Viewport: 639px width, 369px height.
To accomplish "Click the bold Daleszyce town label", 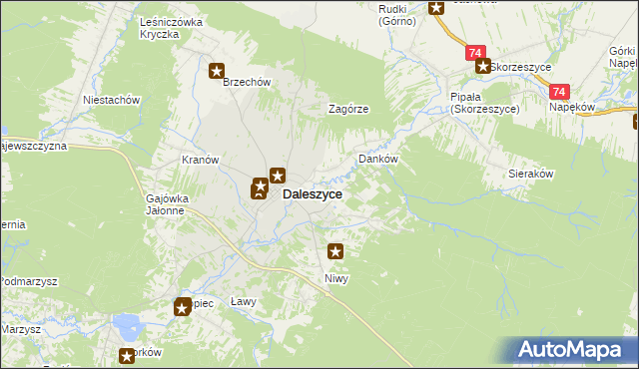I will tap(313, 195).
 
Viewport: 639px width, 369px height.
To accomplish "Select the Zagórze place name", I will tap(350, 110).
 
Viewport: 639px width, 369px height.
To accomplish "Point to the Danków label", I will tap(378, 159).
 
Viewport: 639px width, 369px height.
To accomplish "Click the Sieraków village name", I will tap(531, 173).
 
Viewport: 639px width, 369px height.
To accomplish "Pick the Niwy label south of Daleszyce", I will tap(335, 278).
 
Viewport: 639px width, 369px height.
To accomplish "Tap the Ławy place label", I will tap(244, 301).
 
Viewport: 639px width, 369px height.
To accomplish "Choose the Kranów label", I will tap(200, 160).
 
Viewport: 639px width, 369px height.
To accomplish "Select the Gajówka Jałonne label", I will tap(165, 203).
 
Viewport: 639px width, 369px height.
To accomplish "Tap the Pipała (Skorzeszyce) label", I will tap(484, 103).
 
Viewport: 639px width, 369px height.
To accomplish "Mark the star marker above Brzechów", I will tap(217, 70).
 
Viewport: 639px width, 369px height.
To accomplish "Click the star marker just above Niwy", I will tap(335, 252).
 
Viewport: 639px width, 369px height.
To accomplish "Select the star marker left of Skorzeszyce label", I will tap(482, 67).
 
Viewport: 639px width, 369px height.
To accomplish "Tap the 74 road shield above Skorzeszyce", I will tap(475, 52).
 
